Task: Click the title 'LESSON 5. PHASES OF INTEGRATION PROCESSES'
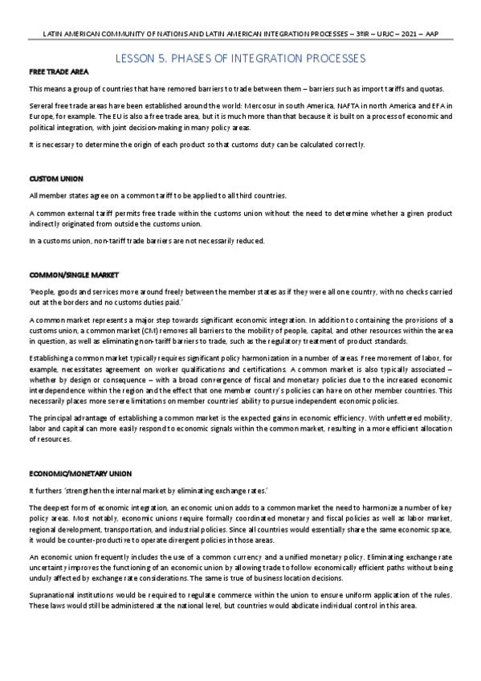(x=241, y=59)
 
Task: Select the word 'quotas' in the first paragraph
(x=441, y=88)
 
